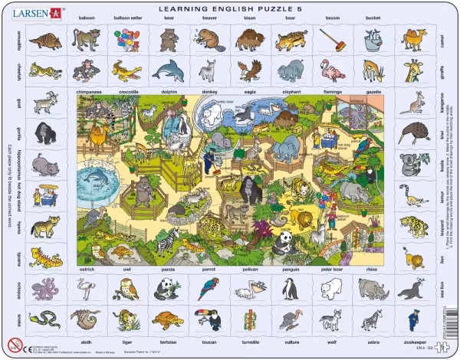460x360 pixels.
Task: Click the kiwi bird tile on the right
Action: [414, 132]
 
